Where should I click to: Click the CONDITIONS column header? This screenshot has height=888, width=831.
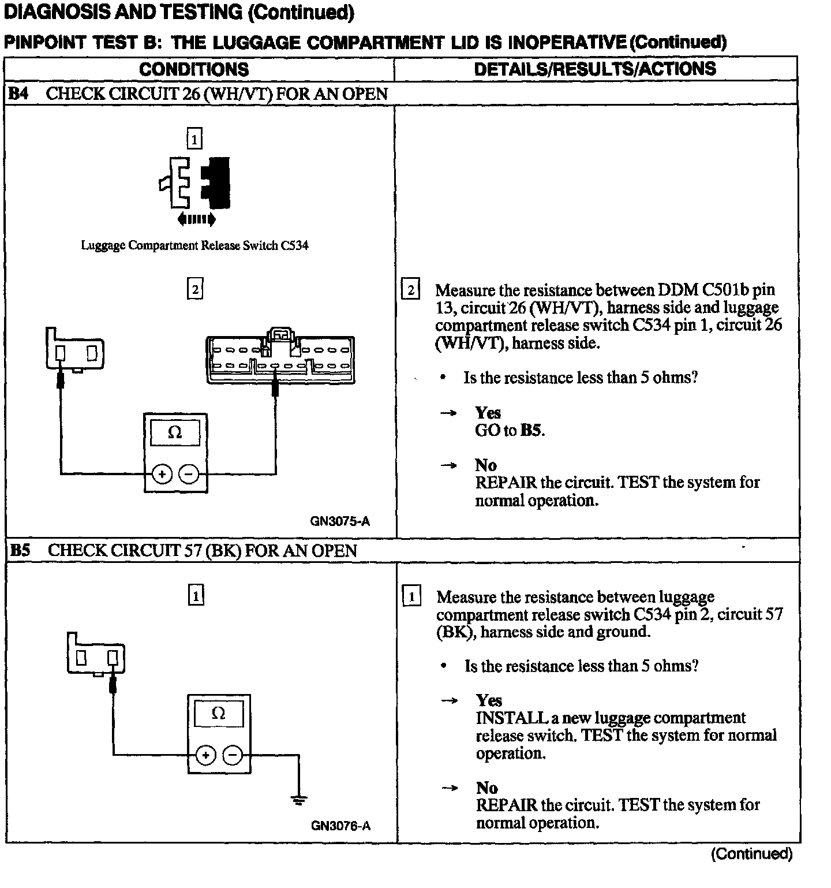[194, 69]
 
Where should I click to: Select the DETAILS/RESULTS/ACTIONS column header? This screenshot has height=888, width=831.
[594, 69]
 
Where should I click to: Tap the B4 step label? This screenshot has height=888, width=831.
[18, 94]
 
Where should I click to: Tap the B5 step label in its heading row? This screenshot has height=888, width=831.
[20, 550]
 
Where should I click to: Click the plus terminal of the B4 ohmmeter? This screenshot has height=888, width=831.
[162, 475]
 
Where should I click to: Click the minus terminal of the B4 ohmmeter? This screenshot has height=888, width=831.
[188, 475]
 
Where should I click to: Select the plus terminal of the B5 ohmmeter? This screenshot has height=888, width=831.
[206, 755]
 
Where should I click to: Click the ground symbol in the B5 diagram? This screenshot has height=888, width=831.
[299, 800]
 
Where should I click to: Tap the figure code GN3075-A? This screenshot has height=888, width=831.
[340, 521]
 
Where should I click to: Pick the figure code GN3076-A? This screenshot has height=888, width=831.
[340, 826]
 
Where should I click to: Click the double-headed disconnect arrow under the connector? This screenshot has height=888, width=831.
[196, 219]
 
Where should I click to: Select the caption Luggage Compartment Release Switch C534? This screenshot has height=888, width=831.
[194, 245]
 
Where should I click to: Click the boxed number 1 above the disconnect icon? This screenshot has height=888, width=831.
[194, 139]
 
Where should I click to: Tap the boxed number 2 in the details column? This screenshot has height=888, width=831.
[410, 289]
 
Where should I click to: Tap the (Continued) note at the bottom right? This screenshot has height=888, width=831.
[751, 853]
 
